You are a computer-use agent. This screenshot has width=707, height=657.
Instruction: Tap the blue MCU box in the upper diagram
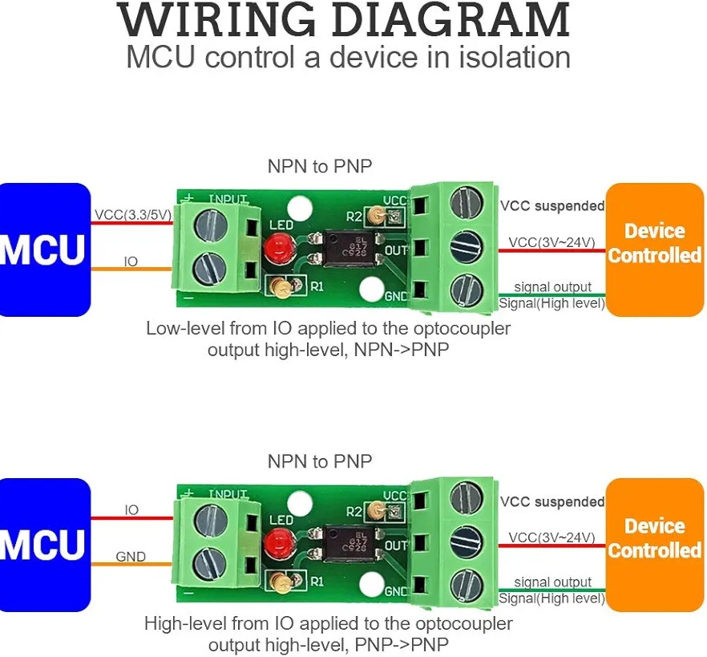(43, 249)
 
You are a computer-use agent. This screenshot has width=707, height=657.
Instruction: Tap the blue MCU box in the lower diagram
(43, 545)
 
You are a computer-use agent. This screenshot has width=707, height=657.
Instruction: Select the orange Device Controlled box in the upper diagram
(654, 244)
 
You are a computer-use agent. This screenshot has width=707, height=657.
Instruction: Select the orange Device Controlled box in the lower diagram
(654, 539)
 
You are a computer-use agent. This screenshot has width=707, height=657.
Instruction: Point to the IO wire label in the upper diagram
(131, 262)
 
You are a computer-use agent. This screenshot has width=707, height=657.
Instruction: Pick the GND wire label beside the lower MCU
(131, 557)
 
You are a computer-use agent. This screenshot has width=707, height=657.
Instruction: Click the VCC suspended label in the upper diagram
(552, 206)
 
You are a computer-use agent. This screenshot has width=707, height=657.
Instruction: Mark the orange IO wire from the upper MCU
(132, 270)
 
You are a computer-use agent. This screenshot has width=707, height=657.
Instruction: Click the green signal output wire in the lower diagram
(552, 590)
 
